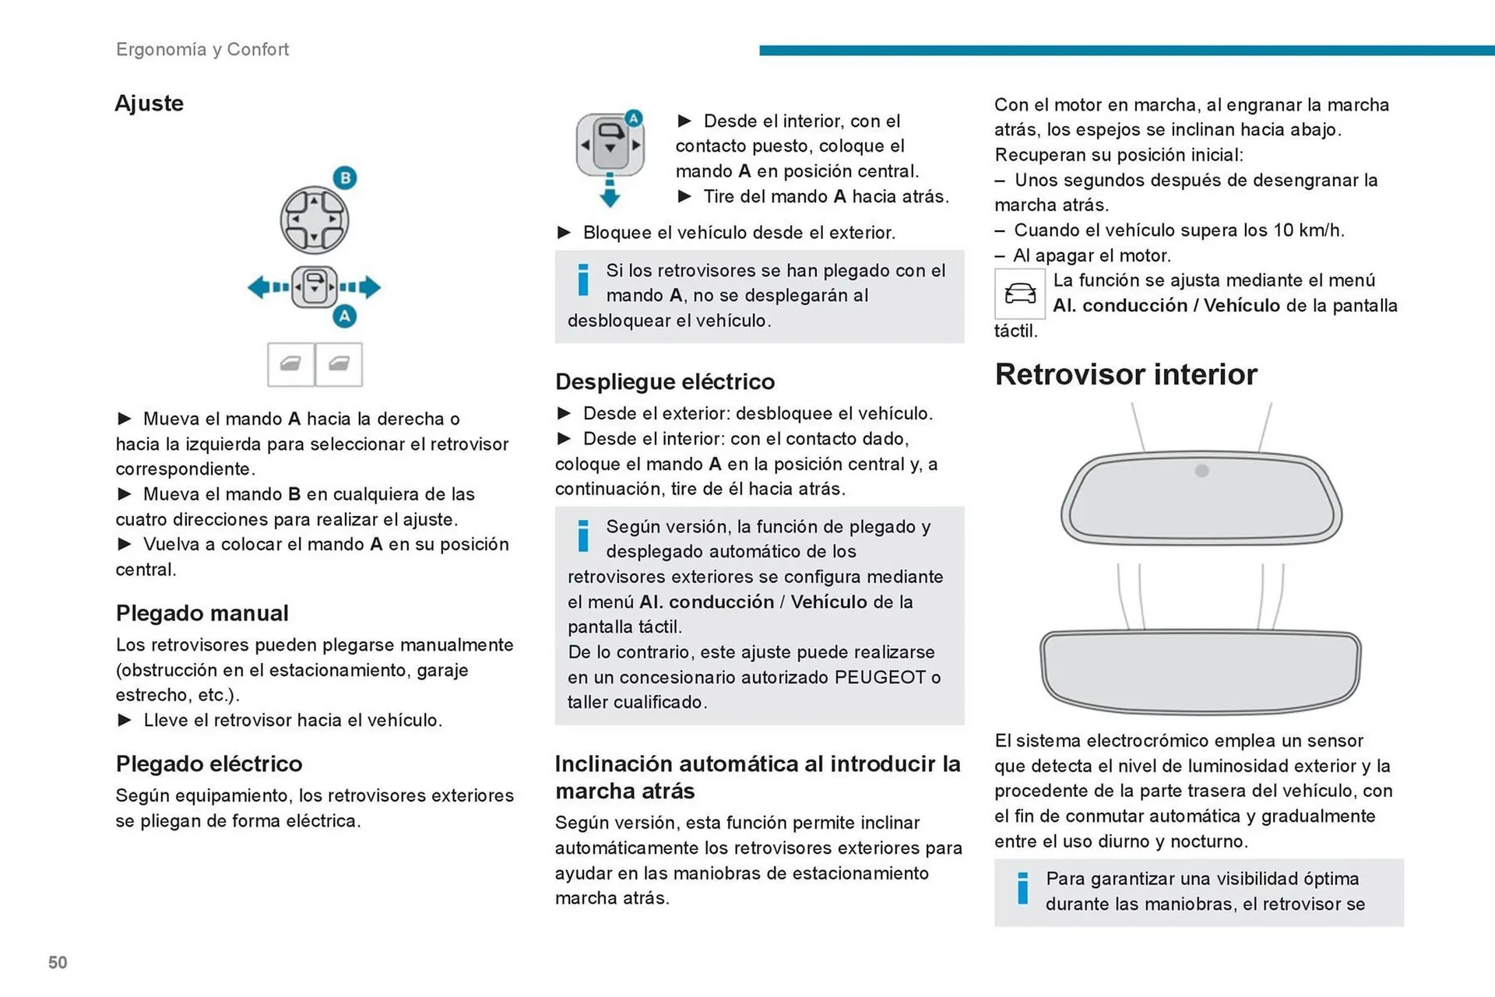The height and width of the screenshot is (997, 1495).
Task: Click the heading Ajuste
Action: coord(149,104)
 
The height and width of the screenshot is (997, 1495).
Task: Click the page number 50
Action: coord(58,963)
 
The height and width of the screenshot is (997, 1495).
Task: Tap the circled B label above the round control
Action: coord(345,177)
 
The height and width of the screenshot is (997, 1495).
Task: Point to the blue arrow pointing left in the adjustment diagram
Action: coord(260,288)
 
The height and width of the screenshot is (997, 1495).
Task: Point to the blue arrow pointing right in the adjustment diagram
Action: coord(369,288)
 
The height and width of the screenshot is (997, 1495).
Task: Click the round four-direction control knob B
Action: coord(315,220)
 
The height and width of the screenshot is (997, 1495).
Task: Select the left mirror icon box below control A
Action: coord(290,364)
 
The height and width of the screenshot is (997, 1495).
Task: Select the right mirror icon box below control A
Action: coord(339,364)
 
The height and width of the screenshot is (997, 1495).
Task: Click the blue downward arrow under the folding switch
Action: coord(610,192)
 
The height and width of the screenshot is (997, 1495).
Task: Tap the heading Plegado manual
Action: coord(202,613)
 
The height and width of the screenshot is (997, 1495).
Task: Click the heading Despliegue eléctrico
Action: coord(664,381)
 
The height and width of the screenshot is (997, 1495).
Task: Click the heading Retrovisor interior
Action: coord(1125,375)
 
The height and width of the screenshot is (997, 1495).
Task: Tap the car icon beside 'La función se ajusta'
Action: coord(1019,294)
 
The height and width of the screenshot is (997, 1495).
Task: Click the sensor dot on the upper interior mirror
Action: coord(1201,471)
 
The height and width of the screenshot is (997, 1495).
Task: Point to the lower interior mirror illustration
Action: coord(1200,671)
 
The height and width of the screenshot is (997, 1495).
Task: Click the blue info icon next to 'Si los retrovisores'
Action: coord(583,280)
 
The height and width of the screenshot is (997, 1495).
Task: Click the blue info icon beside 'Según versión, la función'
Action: coord(583,536)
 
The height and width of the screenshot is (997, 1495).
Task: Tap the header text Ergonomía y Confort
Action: coord(202,50)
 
